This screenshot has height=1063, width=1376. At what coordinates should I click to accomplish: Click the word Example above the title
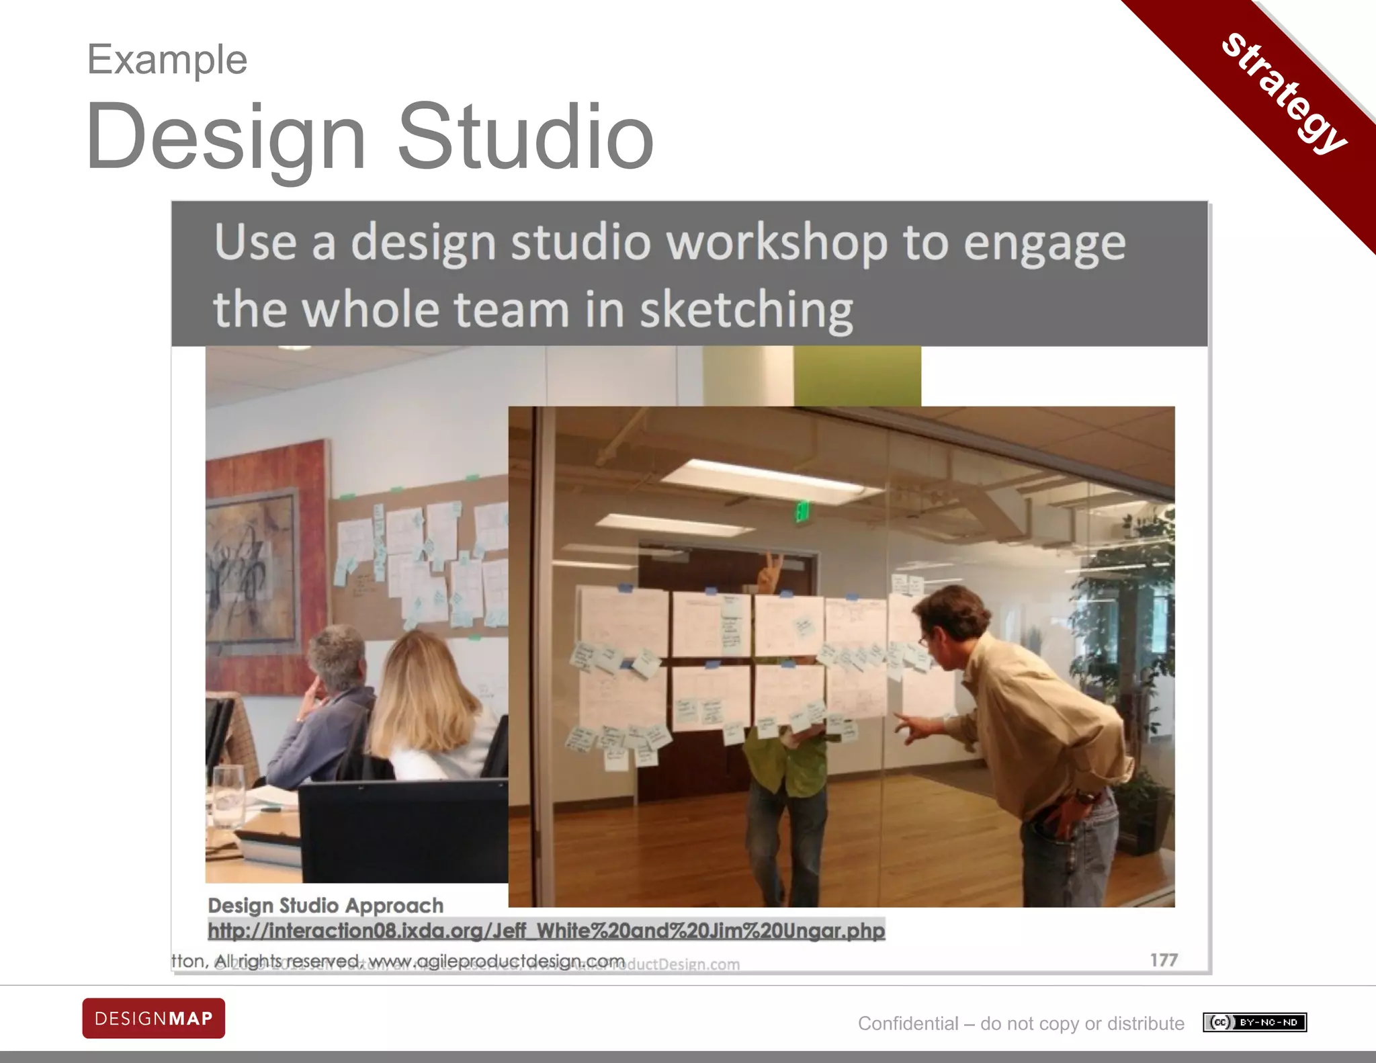(167, 60)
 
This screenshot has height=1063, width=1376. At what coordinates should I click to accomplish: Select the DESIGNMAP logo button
(154, 1018)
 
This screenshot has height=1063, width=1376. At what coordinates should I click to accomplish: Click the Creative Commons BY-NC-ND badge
(1254, 1023)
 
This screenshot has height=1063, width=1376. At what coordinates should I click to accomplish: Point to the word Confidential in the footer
(908, 1023)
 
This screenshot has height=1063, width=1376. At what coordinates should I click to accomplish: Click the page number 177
(1163, 960)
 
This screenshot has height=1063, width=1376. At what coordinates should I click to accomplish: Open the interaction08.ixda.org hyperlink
(546, 931)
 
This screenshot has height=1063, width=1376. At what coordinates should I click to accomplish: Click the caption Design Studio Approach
(326, 906)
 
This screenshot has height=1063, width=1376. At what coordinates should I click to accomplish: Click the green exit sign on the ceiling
(802, 511)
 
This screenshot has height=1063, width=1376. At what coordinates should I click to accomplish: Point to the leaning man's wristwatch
(1083, 797)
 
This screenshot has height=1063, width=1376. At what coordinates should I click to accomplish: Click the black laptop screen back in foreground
(403, 833)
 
